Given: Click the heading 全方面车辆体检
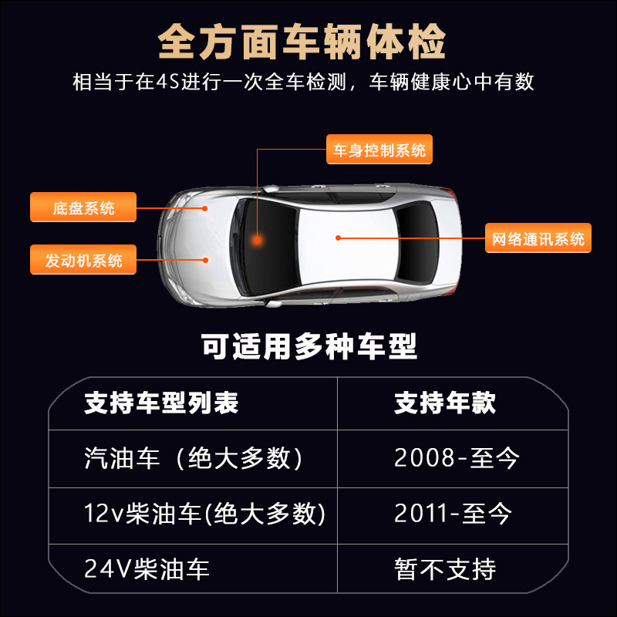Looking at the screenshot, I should coord(302,43).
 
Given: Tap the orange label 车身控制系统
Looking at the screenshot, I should coord(378,150).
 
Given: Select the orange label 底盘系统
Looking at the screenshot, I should coord(83,207).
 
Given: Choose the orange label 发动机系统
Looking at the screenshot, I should coord(83,260).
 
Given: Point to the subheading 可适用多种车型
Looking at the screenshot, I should coord(308,346).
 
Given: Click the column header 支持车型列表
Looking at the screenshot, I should coord(161,403).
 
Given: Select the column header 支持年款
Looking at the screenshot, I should coord(445,403).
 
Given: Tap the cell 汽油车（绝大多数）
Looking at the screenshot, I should coord(194,459).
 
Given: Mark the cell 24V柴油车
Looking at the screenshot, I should coord(147,569).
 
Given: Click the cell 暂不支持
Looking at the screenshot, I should coord(445,569).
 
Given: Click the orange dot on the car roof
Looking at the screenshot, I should coord(338,238).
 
